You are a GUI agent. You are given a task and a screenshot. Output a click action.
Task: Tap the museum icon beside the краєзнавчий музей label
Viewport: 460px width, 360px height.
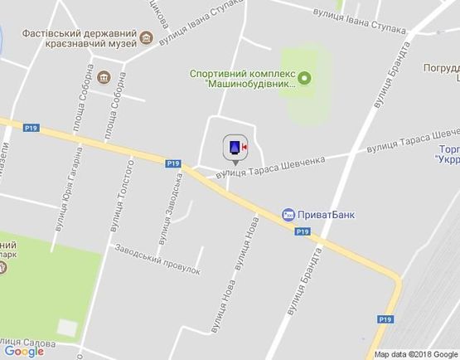click(147, 37)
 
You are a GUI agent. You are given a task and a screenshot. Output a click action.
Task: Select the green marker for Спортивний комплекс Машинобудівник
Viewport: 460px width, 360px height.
click(303, 79)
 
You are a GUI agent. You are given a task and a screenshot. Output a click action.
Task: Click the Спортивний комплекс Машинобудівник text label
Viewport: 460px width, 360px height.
click(243, 79)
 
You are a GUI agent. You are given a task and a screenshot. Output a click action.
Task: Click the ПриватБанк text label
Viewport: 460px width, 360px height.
click(327, 214)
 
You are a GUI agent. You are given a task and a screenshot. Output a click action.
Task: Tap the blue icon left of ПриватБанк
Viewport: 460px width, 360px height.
click(288, 214)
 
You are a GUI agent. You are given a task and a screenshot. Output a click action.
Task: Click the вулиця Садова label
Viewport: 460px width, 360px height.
click(29, 342)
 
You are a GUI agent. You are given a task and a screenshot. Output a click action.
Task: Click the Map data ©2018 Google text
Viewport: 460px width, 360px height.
click(415, 354)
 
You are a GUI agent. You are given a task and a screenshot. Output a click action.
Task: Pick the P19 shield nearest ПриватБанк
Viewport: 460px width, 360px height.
click(302, 232)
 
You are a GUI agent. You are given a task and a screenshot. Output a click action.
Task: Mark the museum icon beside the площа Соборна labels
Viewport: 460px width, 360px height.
click(104, 78)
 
